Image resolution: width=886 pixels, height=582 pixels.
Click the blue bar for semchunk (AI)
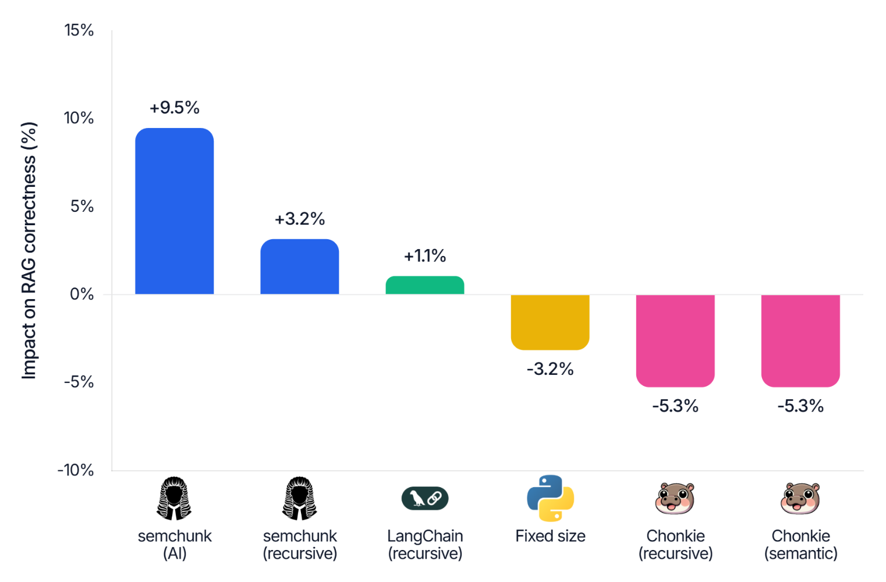174,211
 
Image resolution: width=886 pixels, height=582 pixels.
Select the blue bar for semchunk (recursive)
299,267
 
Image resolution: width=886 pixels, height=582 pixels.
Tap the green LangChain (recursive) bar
424,285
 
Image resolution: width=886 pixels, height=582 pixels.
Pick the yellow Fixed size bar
550,322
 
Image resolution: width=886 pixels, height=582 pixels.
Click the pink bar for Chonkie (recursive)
675,340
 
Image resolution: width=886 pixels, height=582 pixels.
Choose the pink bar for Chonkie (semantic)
800,340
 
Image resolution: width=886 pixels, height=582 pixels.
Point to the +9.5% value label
174,108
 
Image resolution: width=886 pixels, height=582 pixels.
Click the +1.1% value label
425,256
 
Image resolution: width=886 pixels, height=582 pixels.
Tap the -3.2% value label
550,369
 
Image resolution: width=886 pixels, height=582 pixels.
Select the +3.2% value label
299,219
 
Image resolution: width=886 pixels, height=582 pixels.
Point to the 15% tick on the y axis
79,30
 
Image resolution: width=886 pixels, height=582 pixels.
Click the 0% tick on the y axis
81,294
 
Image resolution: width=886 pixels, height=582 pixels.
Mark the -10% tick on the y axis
76,470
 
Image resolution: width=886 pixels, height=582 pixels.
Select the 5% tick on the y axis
82,206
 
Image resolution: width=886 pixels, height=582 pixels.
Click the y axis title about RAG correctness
29,250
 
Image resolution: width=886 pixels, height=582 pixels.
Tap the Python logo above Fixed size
550,498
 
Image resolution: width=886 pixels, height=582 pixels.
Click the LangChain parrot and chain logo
425,498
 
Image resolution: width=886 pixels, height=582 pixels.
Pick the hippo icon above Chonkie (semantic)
800,498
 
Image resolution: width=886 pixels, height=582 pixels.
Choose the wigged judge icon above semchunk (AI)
174,498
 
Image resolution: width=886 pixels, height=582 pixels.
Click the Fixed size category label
550,536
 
